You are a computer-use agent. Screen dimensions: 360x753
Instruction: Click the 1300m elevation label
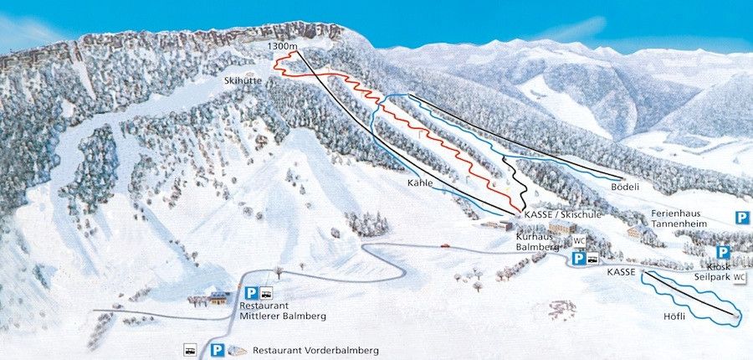(x=284, y=45)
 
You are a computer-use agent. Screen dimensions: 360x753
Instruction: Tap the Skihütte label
(x=242, y=81)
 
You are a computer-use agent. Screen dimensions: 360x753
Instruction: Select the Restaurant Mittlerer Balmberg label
(x=284, y=311)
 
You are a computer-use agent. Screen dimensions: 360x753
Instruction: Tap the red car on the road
(x=446, y=245)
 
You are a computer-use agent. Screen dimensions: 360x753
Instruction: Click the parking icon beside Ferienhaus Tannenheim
(x=742, y=218)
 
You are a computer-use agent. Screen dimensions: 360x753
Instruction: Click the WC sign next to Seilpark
(x=740, y=277)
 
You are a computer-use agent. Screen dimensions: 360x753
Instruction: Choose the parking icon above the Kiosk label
(x=723, y=252)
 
